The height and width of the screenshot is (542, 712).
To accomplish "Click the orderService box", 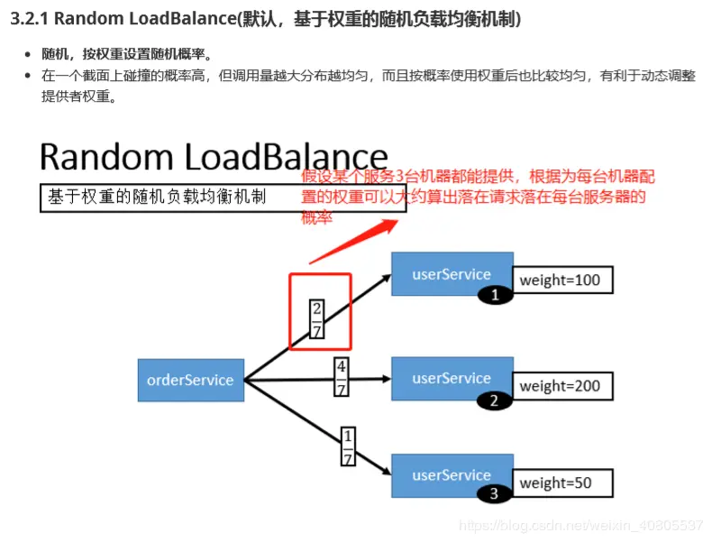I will (x=190, y=380).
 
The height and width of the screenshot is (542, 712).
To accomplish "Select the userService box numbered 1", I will (x=452, y=273).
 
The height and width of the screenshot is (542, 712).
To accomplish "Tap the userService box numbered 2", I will (x=452, y=379).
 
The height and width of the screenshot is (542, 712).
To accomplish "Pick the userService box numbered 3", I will (x=452, y=475).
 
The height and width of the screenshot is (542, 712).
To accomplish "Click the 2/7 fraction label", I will (x=316, y=318).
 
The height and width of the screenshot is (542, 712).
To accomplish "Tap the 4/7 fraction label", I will (x=341, y=377).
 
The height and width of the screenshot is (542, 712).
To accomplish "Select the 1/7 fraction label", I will (x=348, y=446).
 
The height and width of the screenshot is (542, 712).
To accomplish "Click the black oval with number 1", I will (x=494, y=295).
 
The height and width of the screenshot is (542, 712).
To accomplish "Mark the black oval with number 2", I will (x=493, y=401).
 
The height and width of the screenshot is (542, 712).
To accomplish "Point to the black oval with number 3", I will (x=493, y=494).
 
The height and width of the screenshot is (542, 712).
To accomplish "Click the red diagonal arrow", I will (x=351, y=239).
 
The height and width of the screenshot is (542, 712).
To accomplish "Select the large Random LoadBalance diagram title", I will (x=214, y=156).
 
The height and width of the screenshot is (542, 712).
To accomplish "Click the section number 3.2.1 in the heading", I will (x=30, y=18).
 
